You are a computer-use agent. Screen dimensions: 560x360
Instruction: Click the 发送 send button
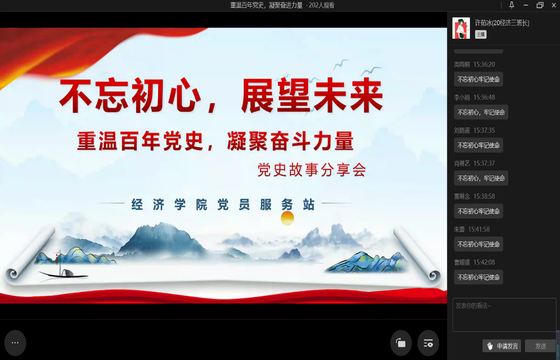pyautogui.click(x=541, y=346)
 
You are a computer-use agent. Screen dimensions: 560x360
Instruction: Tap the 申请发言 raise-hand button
pyautogui.click(x=502, y=346)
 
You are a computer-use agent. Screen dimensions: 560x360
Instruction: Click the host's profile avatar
pyautogui.click(x=461, y=28)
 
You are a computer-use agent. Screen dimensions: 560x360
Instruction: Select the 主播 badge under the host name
pyautogui.click(x=481, y=35)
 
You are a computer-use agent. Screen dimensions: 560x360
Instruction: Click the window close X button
pyautogui.click(x=554, y=5)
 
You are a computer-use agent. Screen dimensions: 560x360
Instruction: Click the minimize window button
pyautogui.click(x=526, y=5)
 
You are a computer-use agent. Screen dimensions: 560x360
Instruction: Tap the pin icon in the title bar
pyautogui.click(x=512, y=5)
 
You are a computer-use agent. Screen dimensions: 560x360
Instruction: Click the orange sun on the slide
pyautogui.click(x=287, y=218)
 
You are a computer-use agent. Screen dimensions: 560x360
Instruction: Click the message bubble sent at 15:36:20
pyautogui.click(x=478, y=79)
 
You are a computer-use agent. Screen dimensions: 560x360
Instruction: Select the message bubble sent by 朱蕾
pyautogui.click(x=478, y=244)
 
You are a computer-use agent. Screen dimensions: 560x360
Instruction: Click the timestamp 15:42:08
pyautogui.click(x=484, y=262)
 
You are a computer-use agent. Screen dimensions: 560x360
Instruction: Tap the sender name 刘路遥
pyautogui.click(x=462, y=130)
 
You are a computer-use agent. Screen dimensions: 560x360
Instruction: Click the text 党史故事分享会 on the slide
pyautogui.click(x=312, y=170)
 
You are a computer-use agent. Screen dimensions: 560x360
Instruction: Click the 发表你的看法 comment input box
pyautogui.click(x=504, y=315)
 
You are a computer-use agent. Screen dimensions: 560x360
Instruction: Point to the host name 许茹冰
pyautogui.click(x=483, y=23)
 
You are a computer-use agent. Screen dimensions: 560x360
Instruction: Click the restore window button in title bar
pyautogui.click(x=540, y=5)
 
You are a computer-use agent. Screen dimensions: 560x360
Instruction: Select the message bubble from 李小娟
pyautogui.click(x=481, y=112)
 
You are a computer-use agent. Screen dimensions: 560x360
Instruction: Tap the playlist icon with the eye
pyautogui.click(x=428, y=343)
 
